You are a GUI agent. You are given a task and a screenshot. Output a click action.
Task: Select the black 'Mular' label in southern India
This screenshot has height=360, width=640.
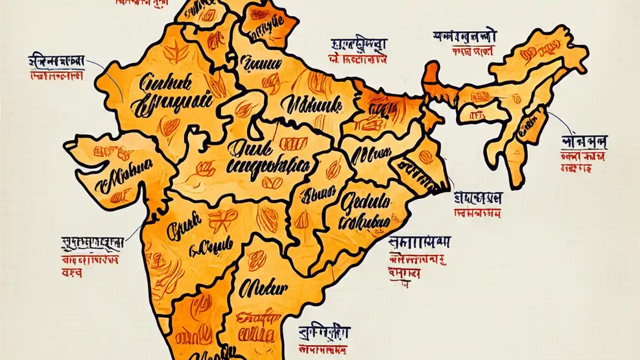pos(263,288)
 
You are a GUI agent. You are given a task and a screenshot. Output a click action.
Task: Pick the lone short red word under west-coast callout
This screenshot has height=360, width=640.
pos(71,273)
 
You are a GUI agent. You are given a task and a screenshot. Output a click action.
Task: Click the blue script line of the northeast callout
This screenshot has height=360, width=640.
pos(584,141)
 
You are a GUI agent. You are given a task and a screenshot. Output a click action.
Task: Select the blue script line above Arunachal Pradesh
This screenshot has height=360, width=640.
pos(465,36)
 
